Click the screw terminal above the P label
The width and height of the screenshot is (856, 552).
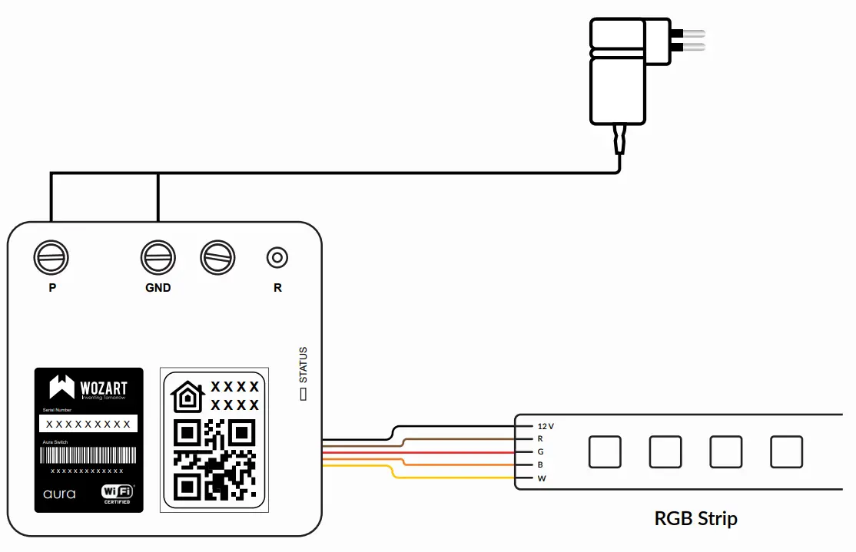click(51, 258)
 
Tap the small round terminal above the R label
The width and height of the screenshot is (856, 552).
click(277, 258)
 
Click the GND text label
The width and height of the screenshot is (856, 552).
click(158, 288)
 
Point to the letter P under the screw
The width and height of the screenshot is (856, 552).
click(52, 288)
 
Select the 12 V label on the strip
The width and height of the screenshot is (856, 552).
click(546, 425)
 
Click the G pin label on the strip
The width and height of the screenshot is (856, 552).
click(541, 451)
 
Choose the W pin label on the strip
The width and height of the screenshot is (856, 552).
click(542, 478)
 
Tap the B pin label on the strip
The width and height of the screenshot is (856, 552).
click(541, 464)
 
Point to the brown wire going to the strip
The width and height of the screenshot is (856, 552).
click(461, 438)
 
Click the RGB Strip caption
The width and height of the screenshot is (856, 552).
click(695, 518)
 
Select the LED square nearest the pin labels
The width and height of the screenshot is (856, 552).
click(604, 451)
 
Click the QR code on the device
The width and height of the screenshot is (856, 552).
click(214, 458)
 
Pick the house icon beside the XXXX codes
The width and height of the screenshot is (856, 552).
click(187, 396)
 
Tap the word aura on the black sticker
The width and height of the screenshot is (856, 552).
click(59, 494)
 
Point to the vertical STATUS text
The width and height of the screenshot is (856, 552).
click(304, 365)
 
